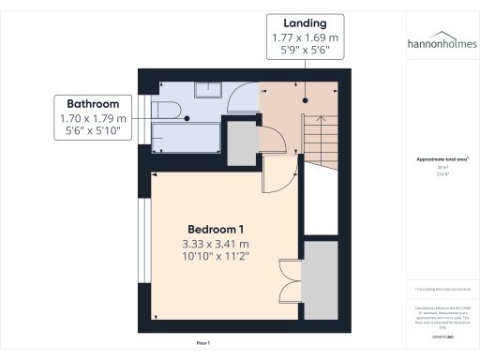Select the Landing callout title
(x=306, y=22)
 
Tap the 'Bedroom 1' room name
(x=216, y=230)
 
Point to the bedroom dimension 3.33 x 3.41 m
(x=217, y=244)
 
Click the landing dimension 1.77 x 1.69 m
(x=306, y=37)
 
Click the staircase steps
(x=319, y=141)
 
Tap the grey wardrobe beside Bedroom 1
(x=322, y=279)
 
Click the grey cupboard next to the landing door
(x=242, y=144)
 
